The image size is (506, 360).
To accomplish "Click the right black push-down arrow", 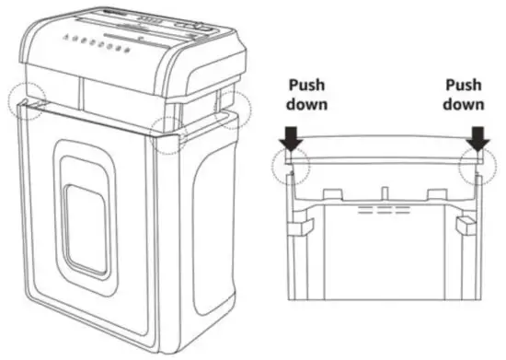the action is coord(476,139).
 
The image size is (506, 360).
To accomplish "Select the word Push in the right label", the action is coord(463,86).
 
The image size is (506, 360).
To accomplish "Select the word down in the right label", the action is coord(463,104).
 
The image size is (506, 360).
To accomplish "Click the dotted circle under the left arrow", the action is coord(291,166).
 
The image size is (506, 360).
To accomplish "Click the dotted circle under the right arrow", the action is coord(477,166).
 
